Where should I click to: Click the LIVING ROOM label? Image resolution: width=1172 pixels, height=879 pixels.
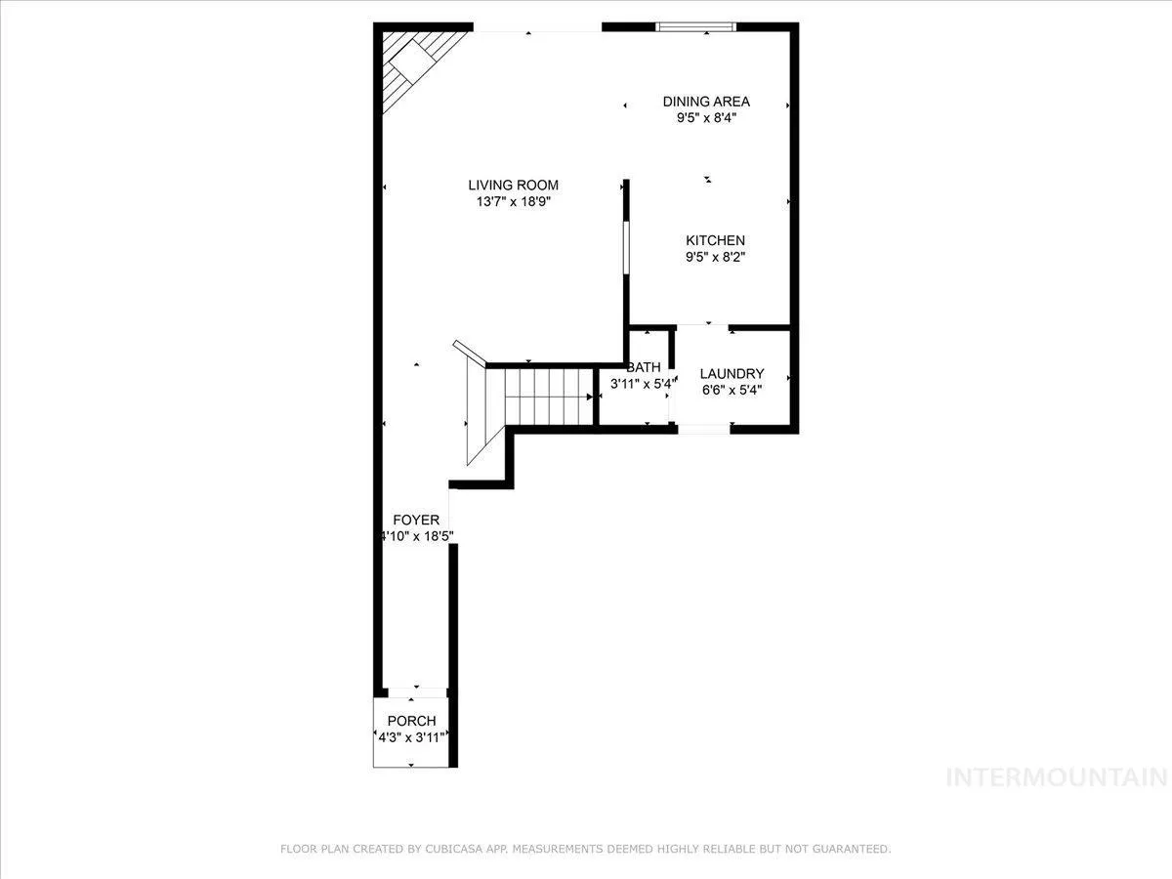[513, 186]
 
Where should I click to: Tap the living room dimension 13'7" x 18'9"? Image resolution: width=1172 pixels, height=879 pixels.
[513, 202]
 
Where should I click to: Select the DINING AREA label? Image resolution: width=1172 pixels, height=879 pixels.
[706, 102]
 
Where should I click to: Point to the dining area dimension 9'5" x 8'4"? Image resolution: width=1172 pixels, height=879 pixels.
[706, 118]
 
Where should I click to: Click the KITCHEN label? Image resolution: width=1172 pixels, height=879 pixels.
[715, 240]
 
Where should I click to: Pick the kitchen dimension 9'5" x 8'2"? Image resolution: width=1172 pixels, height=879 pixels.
[715, 257]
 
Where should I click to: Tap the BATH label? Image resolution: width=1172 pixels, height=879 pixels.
[644, 367]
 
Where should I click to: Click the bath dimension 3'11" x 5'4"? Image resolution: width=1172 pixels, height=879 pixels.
[644, 383]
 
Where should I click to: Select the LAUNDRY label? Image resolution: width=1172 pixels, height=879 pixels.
[732, 374]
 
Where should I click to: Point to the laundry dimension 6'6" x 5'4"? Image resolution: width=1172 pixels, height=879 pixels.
[732, 390]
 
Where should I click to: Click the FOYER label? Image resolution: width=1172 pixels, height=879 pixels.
[416, 520]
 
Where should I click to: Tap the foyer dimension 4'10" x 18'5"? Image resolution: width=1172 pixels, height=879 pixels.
[417, 536]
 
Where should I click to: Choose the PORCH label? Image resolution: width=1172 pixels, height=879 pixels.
[411, 721]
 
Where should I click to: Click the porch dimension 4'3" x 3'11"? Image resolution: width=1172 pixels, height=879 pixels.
[411, 737]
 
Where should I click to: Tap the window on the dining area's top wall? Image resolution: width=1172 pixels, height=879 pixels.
[695, 27]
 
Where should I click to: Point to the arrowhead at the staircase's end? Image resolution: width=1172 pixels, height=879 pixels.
[590, 398]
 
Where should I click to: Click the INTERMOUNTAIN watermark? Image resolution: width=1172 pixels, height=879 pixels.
[1057, 777]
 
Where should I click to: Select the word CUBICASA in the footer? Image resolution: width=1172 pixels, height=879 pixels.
[453, 849]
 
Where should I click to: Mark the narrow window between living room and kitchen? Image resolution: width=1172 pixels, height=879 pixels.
[626, 248]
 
